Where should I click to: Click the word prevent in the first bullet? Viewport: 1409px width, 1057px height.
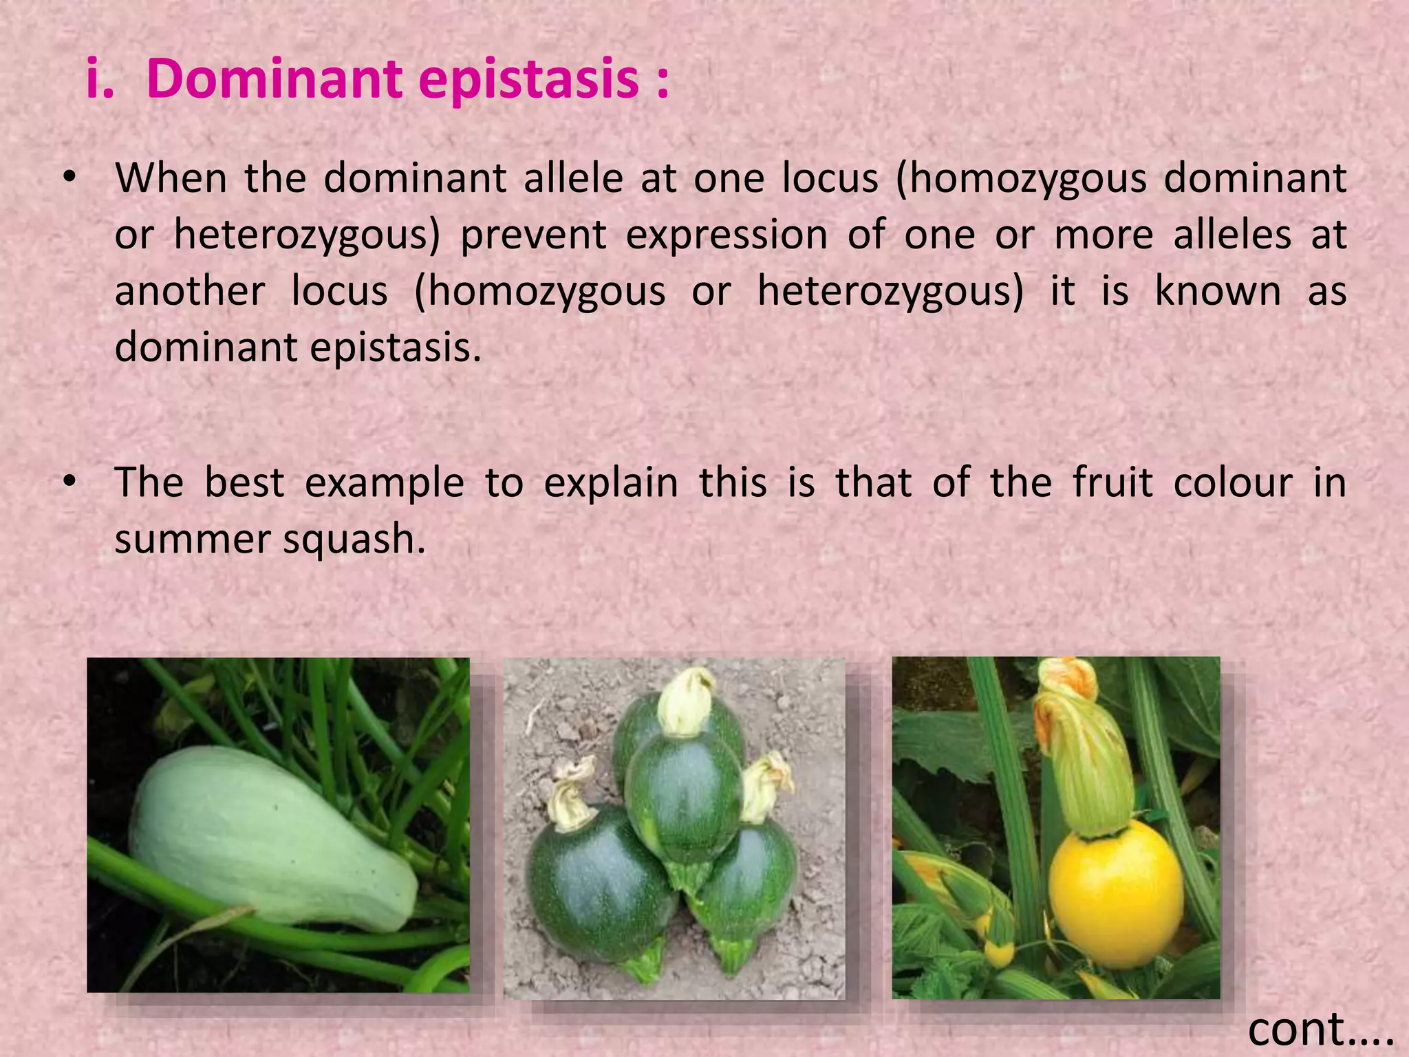click(x=533, y=235)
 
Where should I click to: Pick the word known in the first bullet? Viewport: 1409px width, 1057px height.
click(x=1217, y=291)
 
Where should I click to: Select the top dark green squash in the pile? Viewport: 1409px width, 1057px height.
click(x=682, y=791)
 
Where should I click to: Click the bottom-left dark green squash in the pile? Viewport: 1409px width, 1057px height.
click(x=599, y=888)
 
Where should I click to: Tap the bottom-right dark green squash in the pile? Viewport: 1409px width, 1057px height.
click(x=750, y=888)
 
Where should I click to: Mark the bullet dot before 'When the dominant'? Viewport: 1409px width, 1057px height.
click(x=68, y=178)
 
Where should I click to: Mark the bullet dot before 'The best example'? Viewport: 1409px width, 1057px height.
click(x=68, y=482)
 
